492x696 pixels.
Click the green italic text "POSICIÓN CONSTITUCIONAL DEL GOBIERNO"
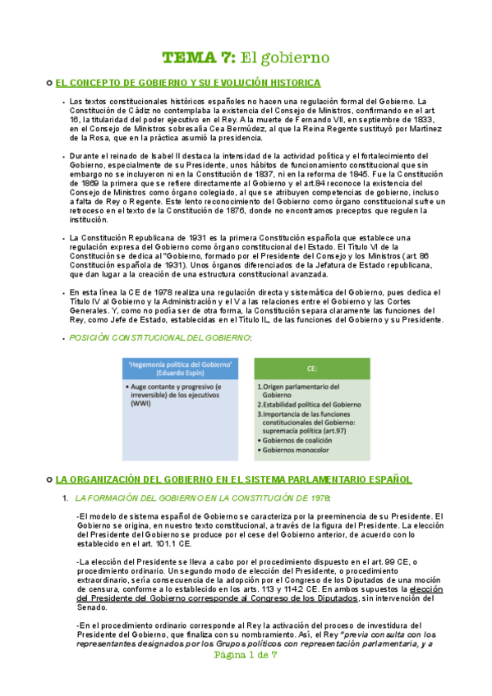pos(159,337)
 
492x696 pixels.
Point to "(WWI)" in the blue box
pos(143,403)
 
